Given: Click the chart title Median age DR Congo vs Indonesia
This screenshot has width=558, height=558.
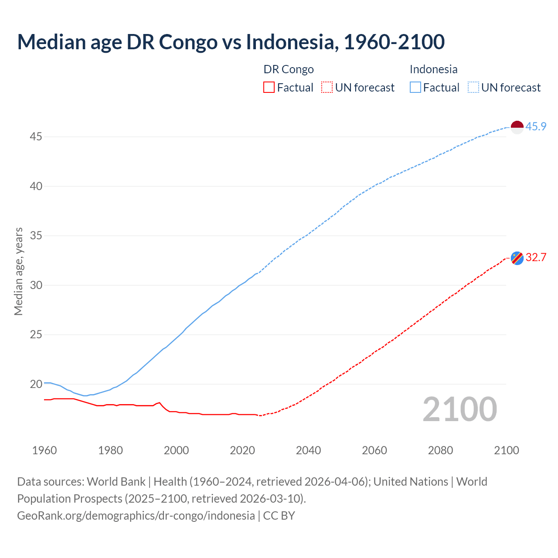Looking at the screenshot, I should coord(231,42).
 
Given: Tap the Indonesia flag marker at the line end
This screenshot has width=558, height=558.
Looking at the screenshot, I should coord(517,127).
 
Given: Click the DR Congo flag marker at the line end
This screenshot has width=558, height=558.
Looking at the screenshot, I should coord(517,258).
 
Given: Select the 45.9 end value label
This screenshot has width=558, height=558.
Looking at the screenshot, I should coord(536,126).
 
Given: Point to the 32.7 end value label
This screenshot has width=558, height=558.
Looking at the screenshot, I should coord(536,257).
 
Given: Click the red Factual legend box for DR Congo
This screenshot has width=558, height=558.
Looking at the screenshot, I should coord(269,88).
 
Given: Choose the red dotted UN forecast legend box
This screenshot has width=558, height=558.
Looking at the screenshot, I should coord(327,88).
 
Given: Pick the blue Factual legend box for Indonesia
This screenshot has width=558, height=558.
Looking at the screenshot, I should coord(415,88).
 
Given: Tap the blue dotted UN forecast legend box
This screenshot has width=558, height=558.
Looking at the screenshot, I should coord(473,88).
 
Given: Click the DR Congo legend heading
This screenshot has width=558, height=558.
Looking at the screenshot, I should coord(289,69).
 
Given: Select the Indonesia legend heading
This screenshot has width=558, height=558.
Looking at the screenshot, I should coord(433,69).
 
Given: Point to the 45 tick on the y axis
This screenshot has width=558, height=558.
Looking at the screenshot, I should coord(36,137).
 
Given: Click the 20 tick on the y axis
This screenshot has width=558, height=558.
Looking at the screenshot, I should coord(36,384).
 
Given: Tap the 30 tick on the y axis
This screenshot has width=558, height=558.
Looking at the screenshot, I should coord(36,285).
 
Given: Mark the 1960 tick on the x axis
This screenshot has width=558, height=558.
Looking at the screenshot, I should coord(44,450).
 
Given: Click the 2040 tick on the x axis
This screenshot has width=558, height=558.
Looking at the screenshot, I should coord(308,450).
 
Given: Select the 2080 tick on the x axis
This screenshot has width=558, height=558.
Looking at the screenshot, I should coord(440,450).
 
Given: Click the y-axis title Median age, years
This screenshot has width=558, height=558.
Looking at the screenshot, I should coord(18,271).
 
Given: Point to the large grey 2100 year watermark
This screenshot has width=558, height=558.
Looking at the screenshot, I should coord(459,409).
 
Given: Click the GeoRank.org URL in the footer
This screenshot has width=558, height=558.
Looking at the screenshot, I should coord(136,515).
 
